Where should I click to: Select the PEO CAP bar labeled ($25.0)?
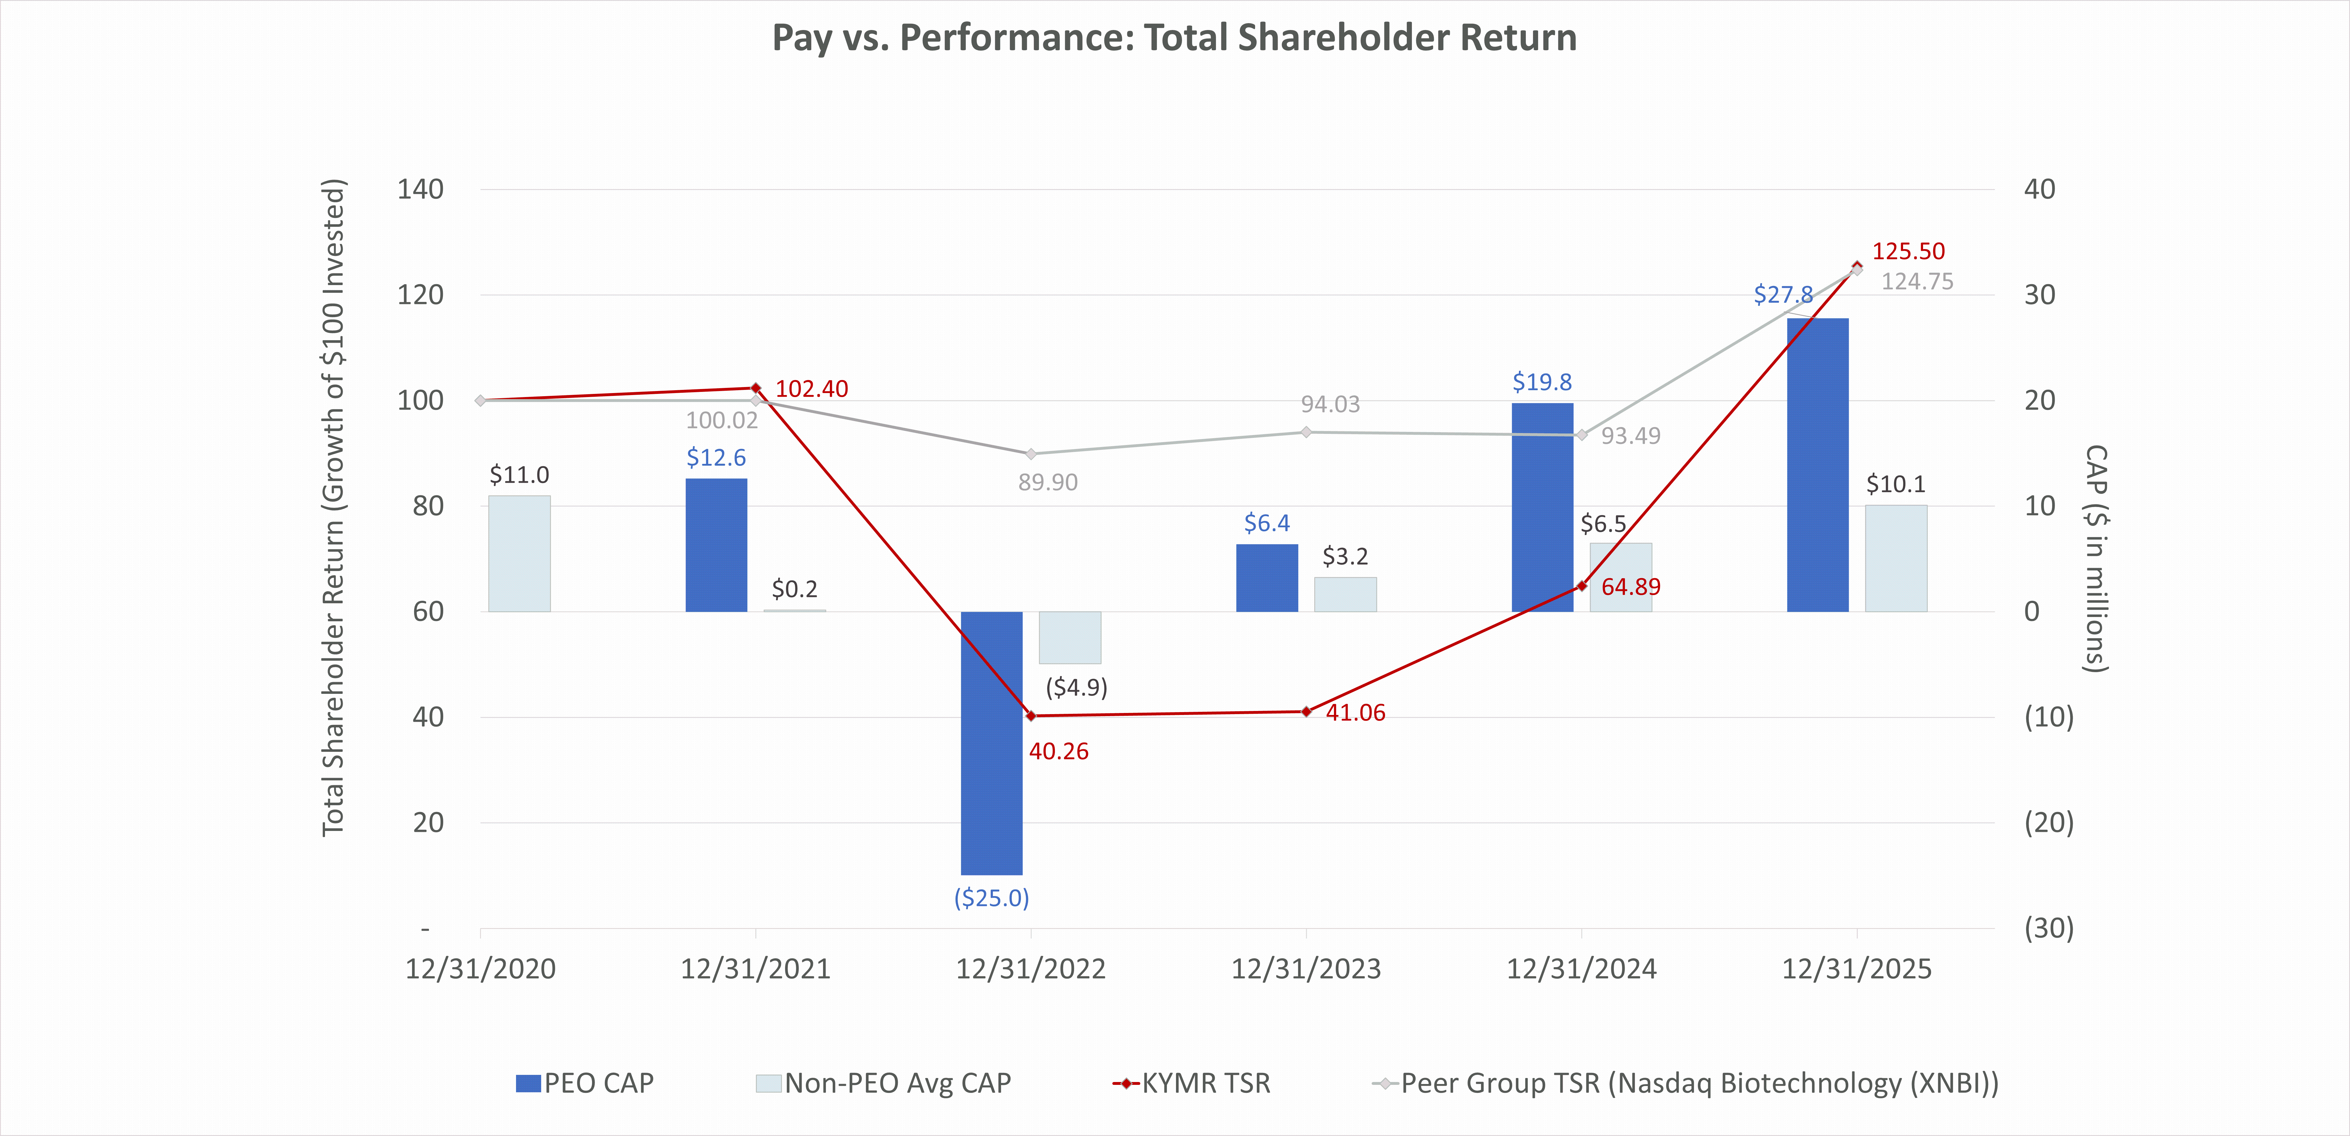tap(992, 743)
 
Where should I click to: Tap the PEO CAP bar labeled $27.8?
tap(1817, 464)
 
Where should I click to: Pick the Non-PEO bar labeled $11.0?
tap(519, 553)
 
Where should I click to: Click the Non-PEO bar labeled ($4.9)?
tap(1070, 637)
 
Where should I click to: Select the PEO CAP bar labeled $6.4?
tap(1267, 578)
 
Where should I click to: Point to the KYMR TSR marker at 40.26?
tap(1031, 716)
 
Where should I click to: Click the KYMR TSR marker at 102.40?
tap(755, 388)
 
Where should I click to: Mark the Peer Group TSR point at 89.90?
tap(1031, 454)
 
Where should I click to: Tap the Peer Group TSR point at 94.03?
tap(1307, 432)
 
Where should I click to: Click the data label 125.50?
tap(1909, 251)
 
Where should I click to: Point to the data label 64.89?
tap(1631, 587)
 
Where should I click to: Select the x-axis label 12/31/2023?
tap(1307, 969)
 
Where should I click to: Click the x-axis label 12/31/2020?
tap(481, 969)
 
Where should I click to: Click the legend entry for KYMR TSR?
tap(1191, 1083)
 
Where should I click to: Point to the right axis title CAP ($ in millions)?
tap(2096, 558)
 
